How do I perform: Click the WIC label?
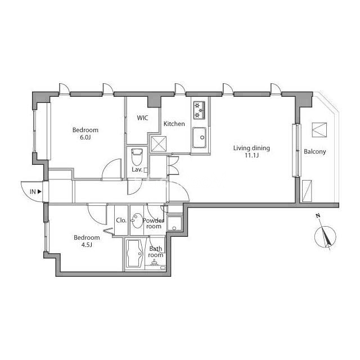pos(142,118)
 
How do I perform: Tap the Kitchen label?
pos(174,124)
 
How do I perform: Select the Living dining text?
pos(251,148)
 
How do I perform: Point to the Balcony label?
pos(315,151)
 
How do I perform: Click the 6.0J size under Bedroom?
pos(85,137)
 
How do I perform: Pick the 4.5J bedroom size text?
pos(87,245)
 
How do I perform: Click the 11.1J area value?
pos(251,155)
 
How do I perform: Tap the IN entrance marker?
pos(35,191)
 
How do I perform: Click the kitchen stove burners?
pos(199,110)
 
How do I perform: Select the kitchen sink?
pos(199,137)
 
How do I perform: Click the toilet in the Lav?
pos(137,157)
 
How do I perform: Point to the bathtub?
pos(135,254)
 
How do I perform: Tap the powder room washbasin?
pos(137,220)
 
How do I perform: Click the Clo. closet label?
pos(121,220)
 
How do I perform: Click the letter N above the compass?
pos(318,215)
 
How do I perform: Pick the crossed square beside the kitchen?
pos(159,144)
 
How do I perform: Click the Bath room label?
pos(155,252)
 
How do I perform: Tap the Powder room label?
pos(154,223)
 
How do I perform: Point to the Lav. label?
pos(137,170)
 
